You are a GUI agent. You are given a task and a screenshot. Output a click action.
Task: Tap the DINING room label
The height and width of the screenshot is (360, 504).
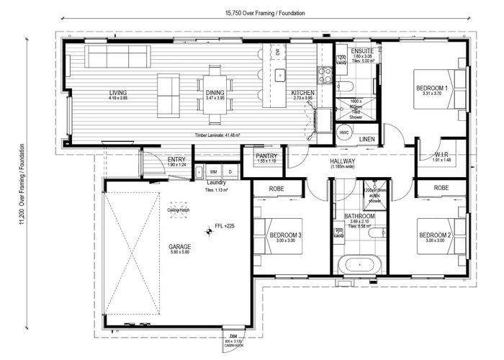tap(215, 93)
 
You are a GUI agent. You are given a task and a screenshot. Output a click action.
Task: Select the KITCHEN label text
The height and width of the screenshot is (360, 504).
tap(302, 93)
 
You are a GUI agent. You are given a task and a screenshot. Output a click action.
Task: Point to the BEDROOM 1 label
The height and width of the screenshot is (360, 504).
tap(432, 88)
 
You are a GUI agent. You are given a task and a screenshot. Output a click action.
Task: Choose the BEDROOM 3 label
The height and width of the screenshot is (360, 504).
tap(285, 235)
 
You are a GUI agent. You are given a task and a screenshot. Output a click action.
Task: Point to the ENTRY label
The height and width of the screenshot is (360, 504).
tap(176, 160)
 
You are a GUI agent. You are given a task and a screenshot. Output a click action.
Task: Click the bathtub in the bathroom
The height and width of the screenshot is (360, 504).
tap(359, 264)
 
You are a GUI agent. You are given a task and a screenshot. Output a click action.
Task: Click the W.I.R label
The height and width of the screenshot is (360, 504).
tap(443, 155)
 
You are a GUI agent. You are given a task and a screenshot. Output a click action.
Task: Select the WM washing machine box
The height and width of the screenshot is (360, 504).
tap(213, 172)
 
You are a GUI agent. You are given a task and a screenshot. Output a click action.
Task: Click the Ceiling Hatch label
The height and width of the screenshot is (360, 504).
tap(179, 210)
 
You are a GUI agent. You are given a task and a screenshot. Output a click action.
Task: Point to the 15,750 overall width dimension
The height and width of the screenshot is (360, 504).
tap(264, 13)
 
